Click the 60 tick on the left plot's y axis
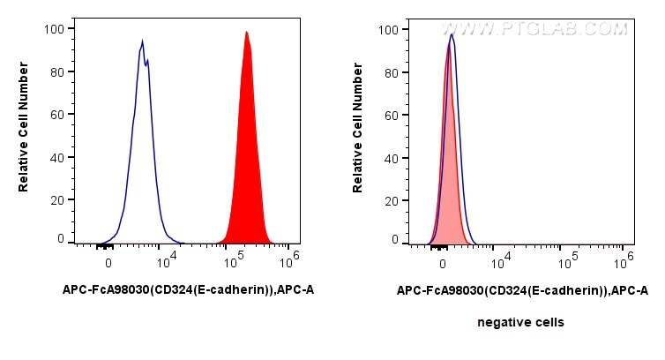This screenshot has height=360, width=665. [58, 114]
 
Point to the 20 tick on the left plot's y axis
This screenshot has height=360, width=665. [58, 199]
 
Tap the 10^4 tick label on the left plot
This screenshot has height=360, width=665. [168, 259]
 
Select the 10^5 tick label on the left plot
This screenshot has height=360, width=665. [235, 259]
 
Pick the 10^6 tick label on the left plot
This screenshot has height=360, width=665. [290, 258]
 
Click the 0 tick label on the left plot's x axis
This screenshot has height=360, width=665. [108, 262]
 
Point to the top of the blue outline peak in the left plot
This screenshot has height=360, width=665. [141, 41]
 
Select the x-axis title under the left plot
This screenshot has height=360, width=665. [188, 289]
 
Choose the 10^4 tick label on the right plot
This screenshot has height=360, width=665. [502, 259]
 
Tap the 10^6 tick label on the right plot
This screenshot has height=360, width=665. [624, 258]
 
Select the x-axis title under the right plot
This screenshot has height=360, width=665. [522, 289]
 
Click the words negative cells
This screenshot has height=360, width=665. [520, 323]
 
